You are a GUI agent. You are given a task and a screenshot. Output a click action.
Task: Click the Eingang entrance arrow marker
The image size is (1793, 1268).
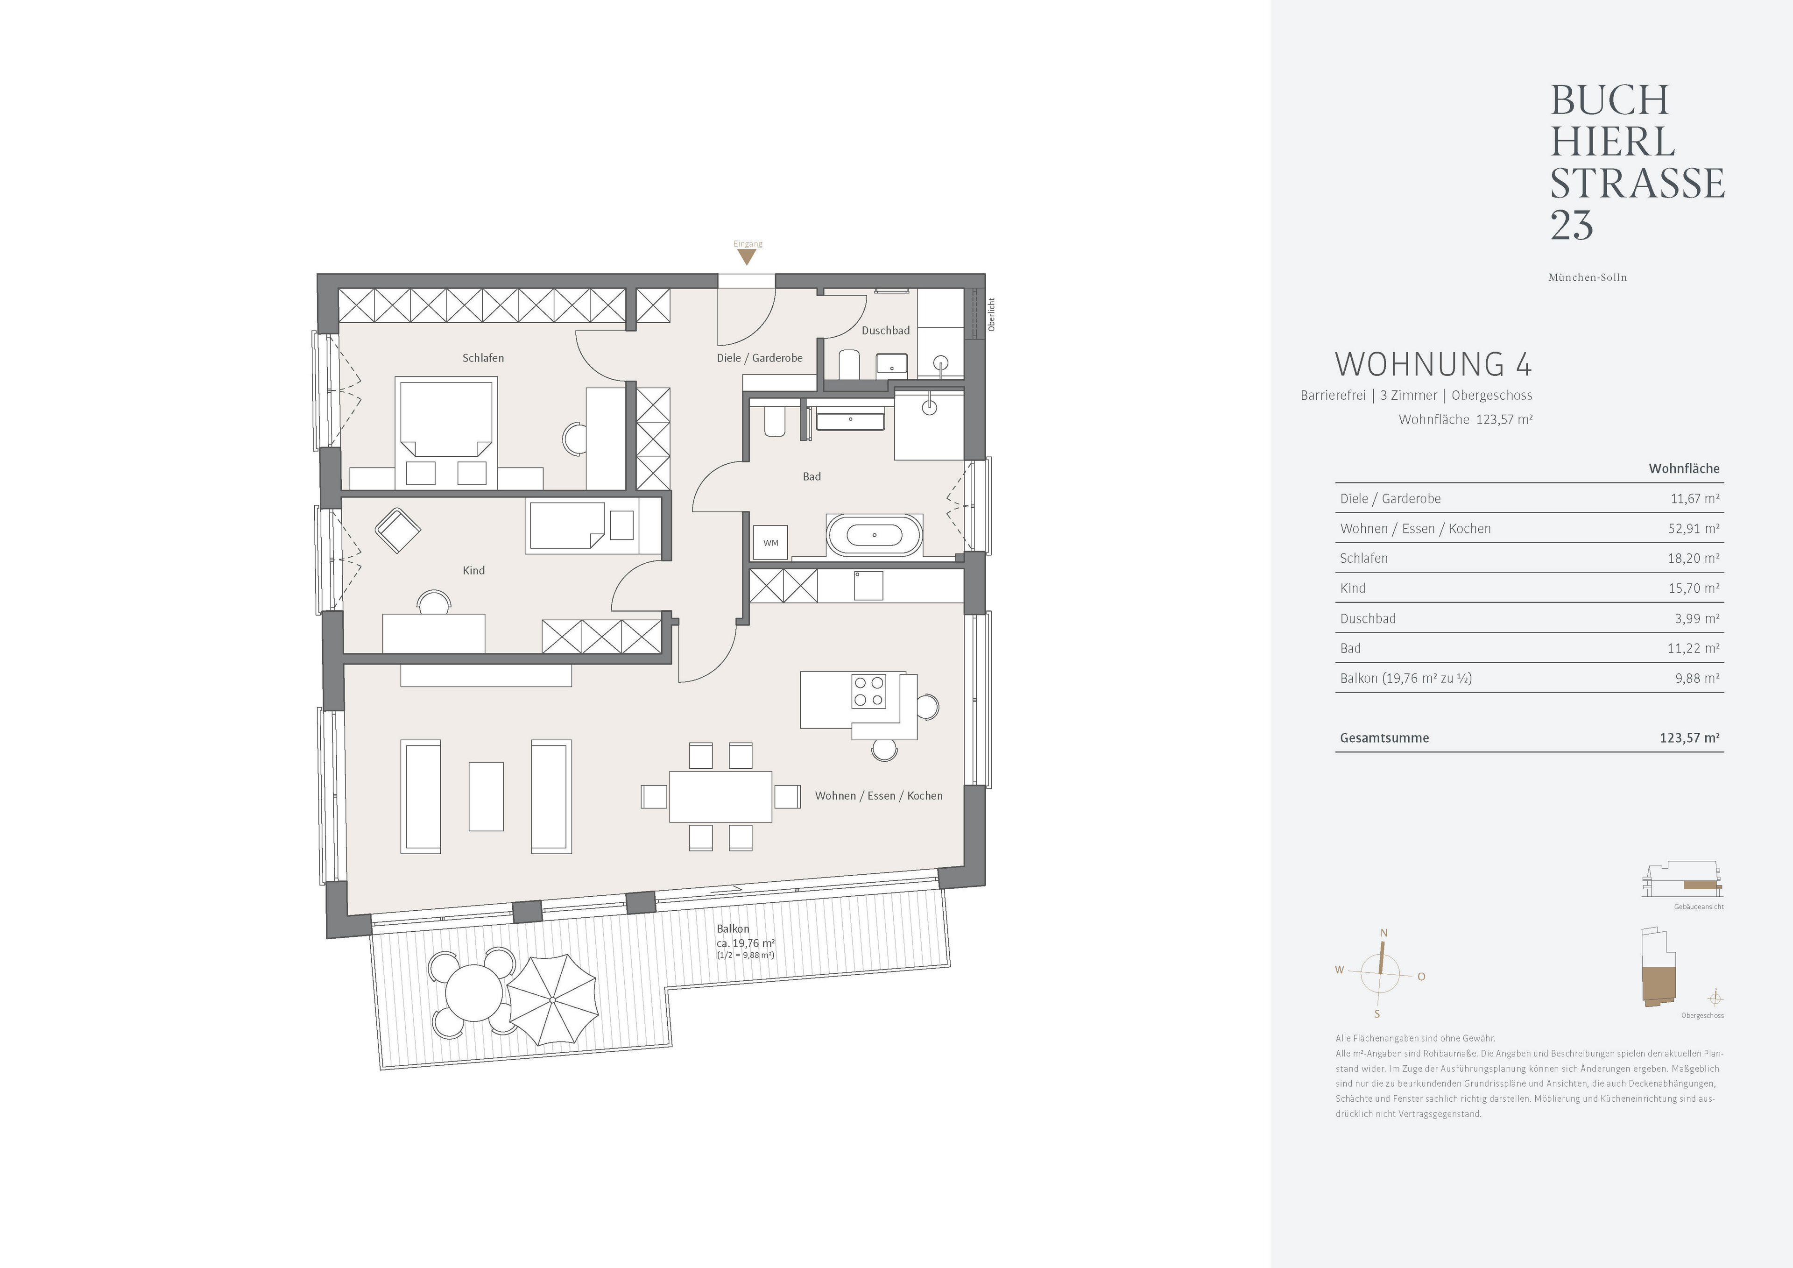[748, 256]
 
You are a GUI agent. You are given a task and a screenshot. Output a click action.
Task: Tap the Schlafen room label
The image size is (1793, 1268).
[483, 358]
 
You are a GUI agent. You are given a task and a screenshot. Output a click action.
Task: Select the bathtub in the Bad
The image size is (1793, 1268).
[874, 535]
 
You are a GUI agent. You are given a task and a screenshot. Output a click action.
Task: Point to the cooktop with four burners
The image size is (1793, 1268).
[868, 691]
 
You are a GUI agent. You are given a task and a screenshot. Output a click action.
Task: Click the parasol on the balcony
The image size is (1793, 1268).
[552, 1000]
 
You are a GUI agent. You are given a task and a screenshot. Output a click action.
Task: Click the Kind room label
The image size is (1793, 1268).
[473, 570]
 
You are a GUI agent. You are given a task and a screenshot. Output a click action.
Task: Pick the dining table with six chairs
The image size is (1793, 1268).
[720, 796]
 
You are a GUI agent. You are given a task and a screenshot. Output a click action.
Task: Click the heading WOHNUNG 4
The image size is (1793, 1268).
[1432, 365]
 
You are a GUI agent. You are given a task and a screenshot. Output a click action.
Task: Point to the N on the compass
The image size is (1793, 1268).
[1384, 933]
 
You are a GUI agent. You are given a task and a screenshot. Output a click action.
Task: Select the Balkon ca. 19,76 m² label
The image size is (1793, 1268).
[744, 942]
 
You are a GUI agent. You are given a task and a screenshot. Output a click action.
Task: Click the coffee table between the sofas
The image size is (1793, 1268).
[486, 796]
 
